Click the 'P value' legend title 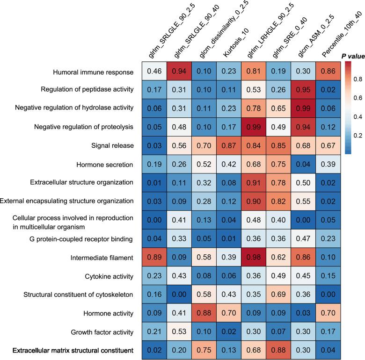click(x=352, y=56)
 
